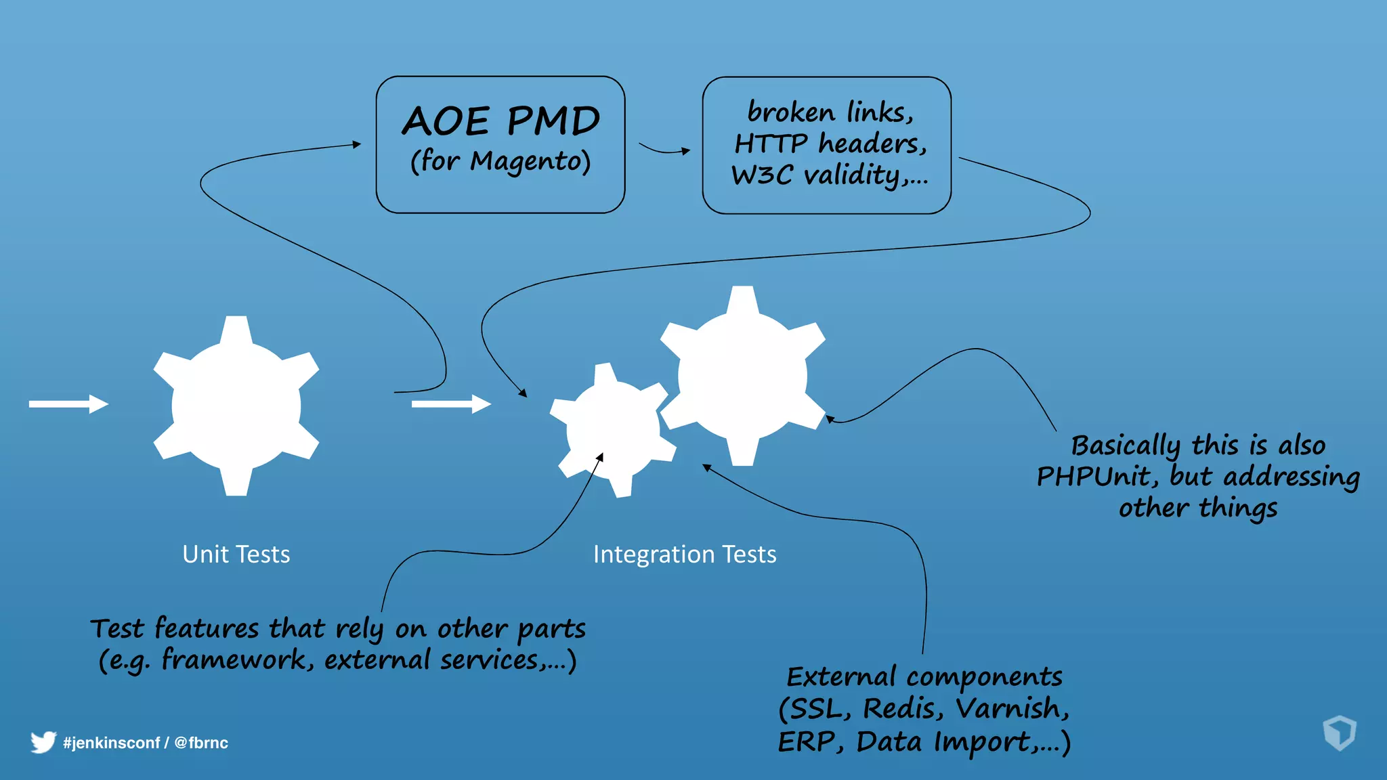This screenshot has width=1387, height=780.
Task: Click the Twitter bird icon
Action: (43, 742)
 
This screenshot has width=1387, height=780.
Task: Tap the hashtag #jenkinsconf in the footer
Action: (111, 743)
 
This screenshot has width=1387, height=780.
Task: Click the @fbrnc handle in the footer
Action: (201, 743)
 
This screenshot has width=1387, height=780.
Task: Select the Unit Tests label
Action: (236, 554)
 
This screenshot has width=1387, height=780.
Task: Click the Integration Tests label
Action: (684, 554)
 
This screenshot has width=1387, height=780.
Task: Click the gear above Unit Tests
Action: (236, 406)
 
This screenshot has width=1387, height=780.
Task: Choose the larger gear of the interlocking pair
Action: (743, 376)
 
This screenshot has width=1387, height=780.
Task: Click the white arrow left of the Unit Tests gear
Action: (68, 404)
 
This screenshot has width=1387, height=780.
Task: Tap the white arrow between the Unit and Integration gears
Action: (451, 404)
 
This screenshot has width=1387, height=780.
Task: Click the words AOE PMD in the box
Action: (501, 121)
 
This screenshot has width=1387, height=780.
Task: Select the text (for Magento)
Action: (500, 161)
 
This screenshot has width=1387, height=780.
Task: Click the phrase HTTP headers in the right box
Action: (830, 144)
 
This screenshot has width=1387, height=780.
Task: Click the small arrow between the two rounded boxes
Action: (664, 149)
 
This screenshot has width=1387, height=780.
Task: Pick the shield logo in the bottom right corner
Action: (1339, 733)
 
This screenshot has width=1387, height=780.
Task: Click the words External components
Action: (924, 676)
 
